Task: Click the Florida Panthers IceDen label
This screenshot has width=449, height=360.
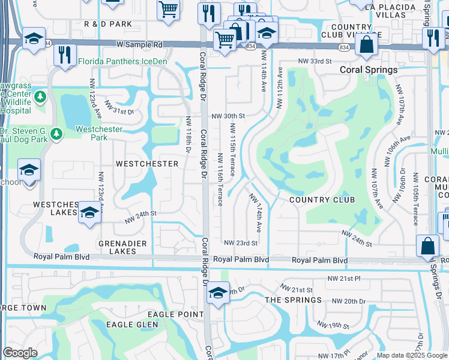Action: (124, 61)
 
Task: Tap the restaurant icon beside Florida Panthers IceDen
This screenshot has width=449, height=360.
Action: (65, 54)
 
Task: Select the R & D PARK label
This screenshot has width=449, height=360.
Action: (108, 24)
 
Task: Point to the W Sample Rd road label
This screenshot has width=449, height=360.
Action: (139, 44)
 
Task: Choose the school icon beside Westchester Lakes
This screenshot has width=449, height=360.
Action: (89, 212)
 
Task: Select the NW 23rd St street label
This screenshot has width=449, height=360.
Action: (241, 243)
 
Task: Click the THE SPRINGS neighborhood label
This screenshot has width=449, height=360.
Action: (294, 300)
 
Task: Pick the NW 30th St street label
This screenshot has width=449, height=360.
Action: (228, 116)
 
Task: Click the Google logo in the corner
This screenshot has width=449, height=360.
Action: (20, 353)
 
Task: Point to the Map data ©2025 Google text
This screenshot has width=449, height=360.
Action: (412, 355)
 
